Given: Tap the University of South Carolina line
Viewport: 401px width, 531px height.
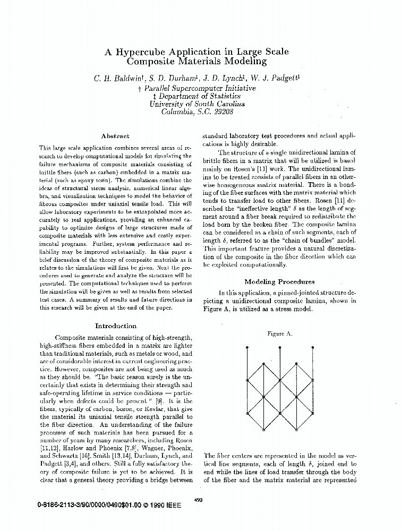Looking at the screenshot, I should (197, 104).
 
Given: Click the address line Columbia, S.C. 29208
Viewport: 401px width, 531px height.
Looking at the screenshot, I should (197, 112).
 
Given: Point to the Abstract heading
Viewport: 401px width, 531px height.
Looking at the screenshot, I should (115, 136).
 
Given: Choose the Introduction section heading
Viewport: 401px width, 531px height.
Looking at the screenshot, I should (115, 326).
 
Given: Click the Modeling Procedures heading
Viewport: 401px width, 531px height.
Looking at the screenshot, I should (279, 282).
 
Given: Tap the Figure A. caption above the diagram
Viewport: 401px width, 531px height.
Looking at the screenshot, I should (279, 334).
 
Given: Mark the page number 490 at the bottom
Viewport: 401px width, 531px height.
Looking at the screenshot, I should (199, 499).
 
